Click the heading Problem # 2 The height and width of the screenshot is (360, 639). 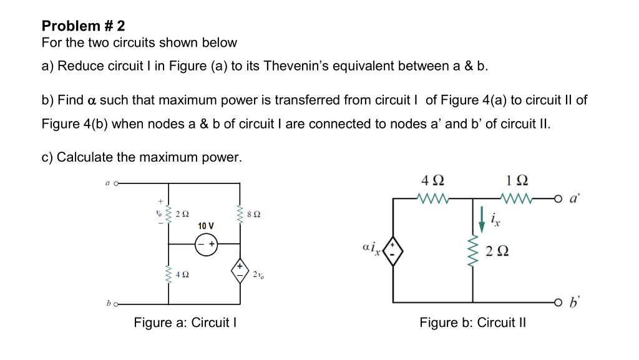tap(83, 26)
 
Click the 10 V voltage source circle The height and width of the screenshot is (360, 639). tap(205, 245)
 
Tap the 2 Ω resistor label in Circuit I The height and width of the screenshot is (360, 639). tap(182, 214)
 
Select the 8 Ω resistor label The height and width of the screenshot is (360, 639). tap(253, 214)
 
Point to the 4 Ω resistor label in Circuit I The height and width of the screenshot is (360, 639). tap(183, 274)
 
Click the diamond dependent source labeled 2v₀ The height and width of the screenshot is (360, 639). tap(240, 270)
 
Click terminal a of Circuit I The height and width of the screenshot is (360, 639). tap(115, 183)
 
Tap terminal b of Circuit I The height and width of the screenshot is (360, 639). tap(115, 304)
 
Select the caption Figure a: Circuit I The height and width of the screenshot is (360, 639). tap(185, 323)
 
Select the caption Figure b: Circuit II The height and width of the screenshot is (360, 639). tap(472, 323)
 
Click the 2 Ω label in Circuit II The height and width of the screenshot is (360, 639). tap(496, 251)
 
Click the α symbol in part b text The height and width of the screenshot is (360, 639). tap(91, 100)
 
